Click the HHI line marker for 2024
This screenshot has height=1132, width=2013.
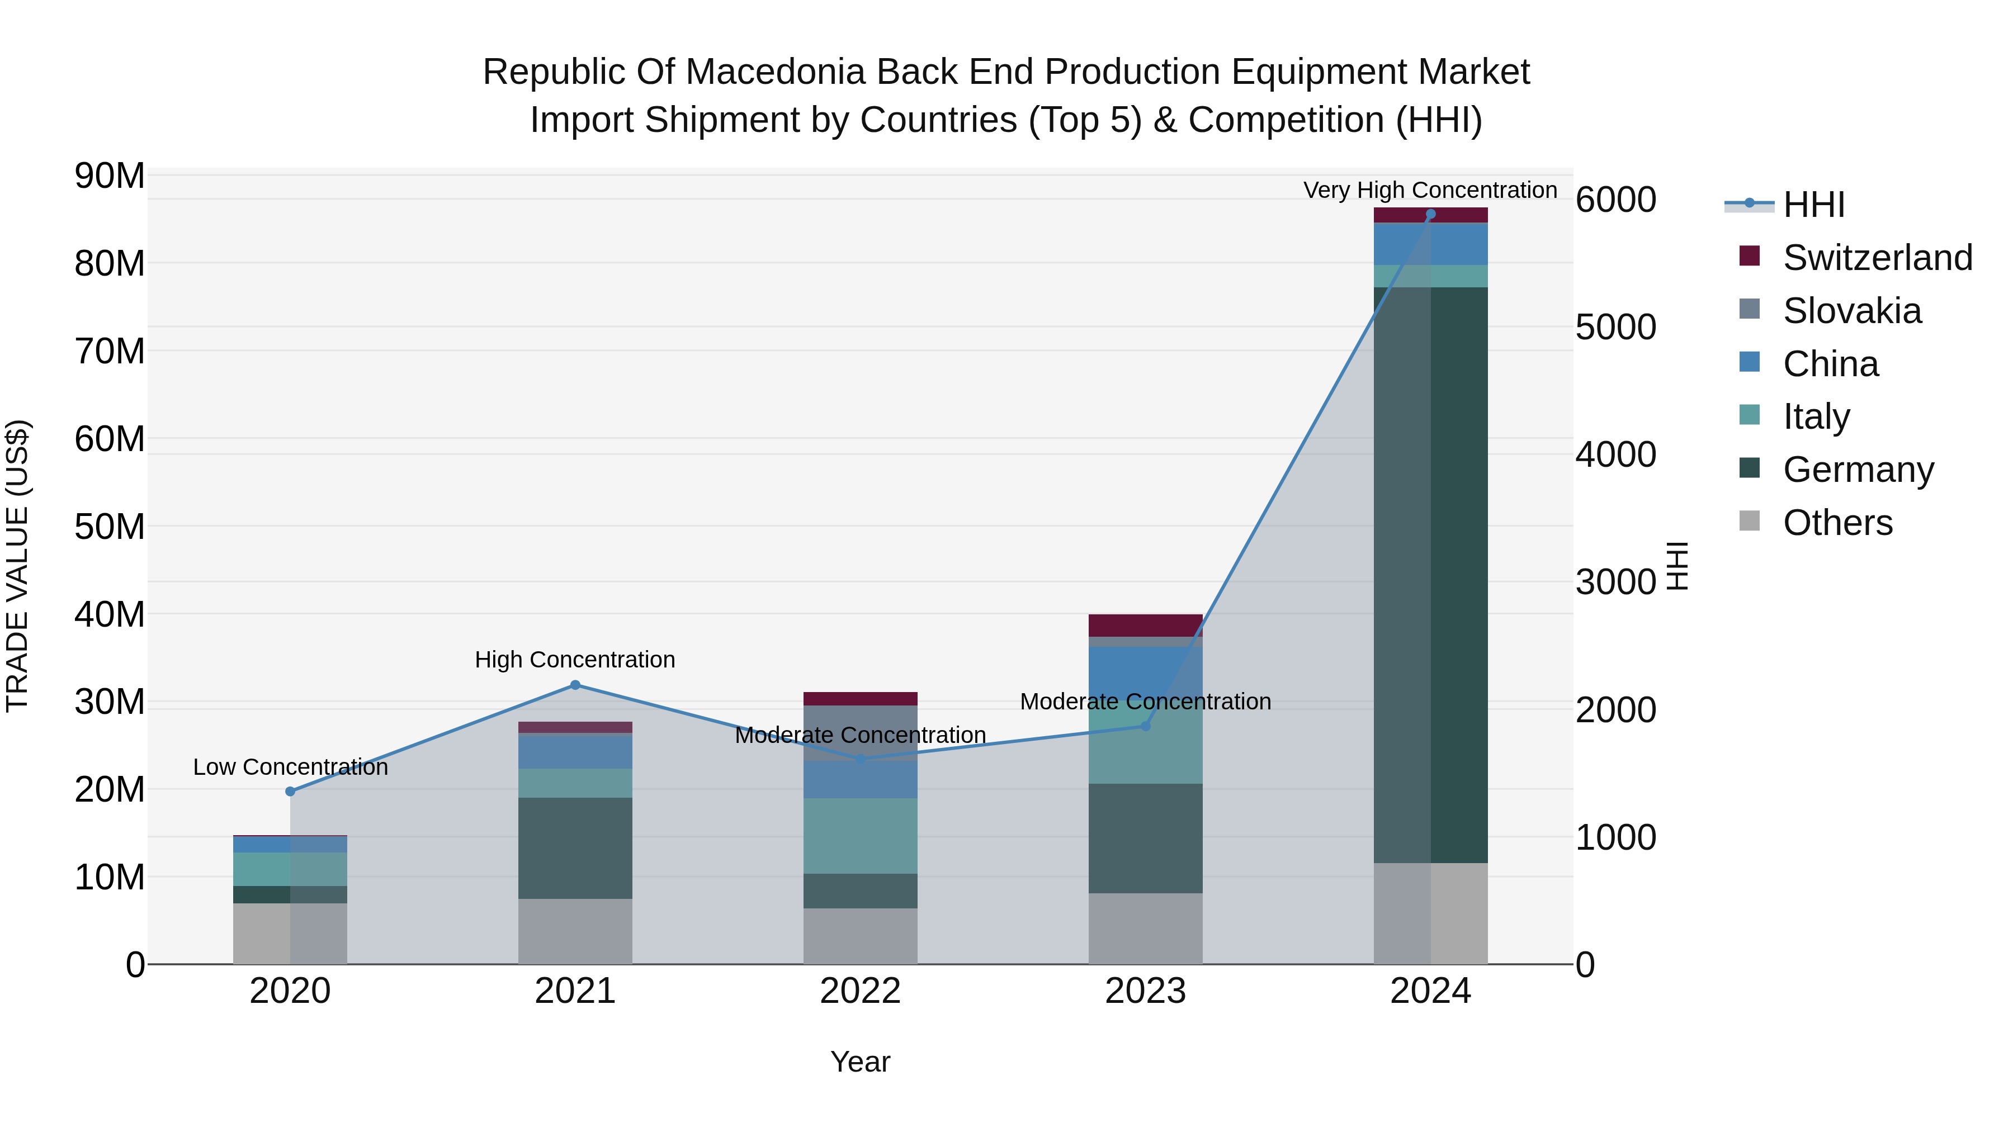(1430, 214)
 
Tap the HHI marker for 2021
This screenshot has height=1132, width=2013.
(575, 685)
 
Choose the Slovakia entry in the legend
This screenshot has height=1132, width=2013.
(1851, 311)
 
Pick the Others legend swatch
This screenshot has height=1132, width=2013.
(1750, 521)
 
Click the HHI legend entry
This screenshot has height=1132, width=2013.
(1813, 205)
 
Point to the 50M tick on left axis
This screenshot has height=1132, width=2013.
(110, 527)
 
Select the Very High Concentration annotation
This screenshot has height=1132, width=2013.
(1430, 190)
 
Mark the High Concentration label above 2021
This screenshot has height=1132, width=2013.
(575, 660)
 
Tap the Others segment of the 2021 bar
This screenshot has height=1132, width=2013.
(575, 931)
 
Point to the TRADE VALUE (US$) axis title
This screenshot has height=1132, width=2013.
(17, 566)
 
